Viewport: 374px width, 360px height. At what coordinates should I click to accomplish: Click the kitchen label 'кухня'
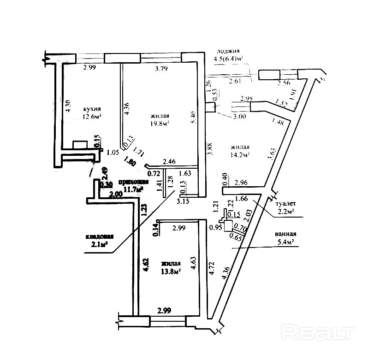click(92, 109)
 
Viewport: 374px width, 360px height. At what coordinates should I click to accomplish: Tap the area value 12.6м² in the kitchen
click(92, 117)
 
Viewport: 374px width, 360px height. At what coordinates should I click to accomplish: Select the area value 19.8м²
click(159, 124)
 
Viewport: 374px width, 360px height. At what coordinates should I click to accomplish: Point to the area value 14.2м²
click(240, 155)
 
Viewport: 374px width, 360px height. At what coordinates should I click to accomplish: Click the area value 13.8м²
click(171, 271)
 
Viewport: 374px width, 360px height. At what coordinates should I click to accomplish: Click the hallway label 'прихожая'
click(134, 182)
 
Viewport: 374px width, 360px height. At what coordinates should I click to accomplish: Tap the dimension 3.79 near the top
click(161, 70)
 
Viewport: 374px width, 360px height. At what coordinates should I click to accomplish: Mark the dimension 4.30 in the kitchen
click(68, 107)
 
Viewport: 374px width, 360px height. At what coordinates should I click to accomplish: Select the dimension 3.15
click(184, 201)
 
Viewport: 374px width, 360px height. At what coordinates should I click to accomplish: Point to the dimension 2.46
click(169, 161)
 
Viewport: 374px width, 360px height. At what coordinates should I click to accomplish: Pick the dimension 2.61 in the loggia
click(235, 82)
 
